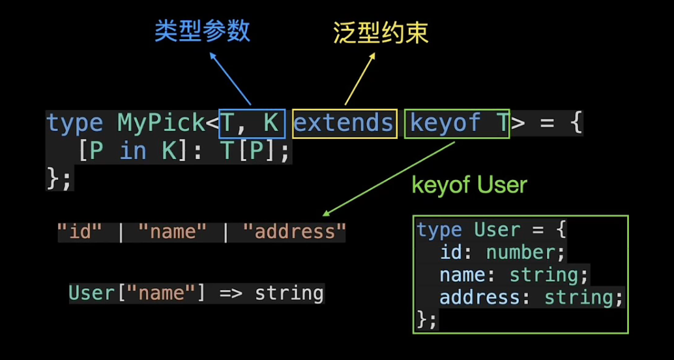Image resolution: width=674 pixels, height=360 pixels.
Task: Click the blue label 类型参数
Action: (x=202, y=31)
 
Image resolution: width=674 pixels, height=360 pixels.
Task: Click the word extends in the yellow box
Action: (x=344, y=124)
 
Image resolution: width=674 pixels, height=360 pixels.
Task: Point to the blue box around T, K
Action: (x=252, y=124)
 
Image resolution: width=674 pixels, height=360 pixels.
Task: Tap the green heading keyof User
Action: (x=469, y=185)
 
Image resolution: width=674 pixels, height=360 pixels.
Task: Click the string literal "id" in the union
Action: (x=80, y=232)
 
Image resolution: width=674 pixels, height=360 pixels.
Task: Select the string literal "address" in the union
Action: (x=293, y=232)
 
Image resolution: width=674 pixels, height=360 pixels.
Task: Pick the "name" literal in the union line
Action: (x=172, y=232)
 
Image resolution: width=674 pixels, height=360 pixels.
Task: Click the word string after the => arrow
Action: (x=289, y=293)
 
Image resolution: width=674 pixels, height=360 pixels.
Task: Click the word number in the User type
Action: (x=525, y=252)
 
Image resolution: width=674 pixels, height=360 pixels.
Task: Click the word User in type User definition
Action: (x=497, y=230)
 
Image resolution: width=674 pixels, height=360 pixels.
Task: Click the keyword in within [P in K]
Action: (x=133, y=151)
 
